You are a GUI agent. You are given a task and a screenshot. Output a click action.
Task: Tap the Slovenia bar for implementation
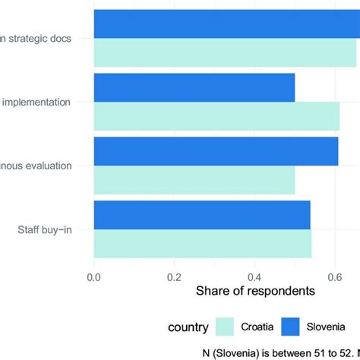[194, 87]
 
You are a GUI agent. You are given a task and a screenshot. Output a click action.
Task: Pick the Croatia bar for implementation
[216, 116]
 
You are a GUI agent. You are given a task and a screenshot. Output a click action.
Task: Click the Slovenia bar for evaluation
[216, 151]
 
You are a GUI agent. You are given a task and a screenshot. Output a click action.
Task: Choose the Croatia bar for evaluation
[194, 180]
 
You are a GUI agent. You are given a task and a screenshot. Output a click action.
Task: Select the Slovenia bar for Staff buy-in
[202, 215]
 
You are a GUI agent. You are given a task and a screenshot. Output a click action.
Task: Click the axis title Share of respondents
[255, 291]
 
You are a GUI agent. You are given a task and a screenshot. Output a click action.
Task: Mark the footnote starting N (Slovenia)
[281, 352]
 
